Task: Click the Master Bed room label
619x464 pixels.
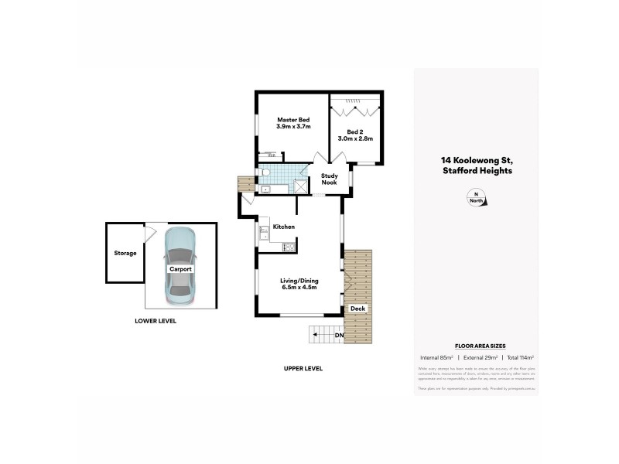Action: coord(293,123)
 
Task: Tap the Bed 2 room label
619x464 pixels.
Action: coord(355,135)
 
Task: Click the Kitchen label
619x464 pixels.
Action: coord(284,227)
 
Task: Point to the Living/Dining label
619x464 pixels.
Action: coord(299,283)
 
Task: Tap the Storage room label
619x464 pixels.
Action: coord(125,253)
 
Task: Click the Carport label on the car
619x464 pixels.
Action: coord(181,268)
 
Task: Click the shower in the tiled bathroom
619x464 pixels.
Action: coord(299,186)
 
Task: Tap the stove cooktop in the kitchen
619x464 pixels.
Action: coord(289,247)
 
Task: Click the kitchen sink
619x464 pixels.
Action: coord(262,229)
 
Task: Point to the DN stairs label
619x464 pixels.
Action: coord(339,335)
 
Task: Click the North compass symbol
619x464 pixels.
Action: coord(477,198)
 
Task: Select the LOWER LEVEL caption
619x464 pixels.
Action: coord(156,320)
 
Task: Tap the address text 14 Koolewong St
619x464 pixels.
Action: coord(476,161)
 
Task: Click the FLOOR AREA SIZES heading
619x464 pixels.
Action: coord(476,347)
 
